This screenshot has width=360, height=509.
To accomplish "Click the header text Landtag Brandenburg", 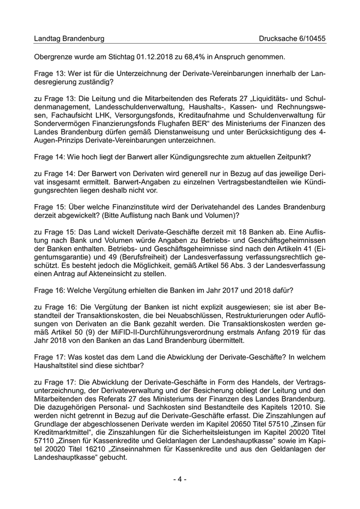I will coord(69,39).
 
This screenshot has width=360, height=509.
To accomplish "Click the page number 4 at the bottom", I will coord(180,479).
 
